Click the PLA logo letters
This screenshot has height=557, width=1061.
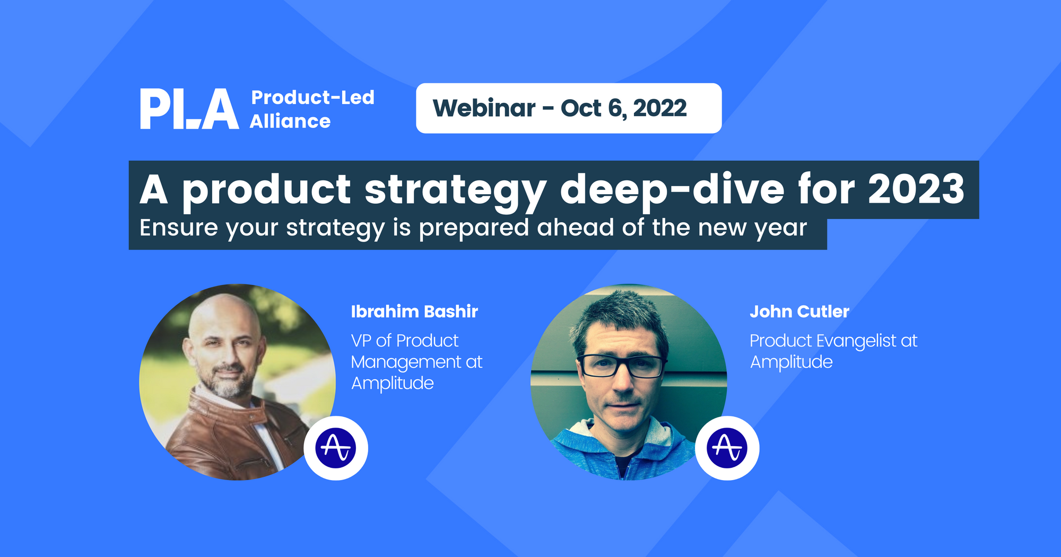tap(189, 109)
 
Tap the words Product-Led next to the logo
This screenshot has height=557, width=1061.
tap(312, 98)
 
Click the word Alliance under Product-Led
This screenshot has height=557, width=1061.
tap(290, 121)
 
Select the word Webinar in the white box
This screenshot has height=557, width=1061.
tap(484, 108)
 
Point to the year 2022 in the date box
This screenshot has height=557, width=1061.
tap(659, 108)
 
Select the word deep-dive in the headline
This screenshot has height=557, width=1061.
tap(672, 190)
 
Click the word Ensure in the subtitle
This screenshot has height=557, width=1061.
tap(178, 228)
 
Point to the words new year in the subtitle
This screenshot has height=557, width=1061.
tap(752, 228)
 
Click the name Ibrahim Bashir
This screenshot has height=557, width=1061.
tap(414, 311)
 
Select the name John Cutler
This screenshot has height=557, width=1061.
tap(799, 311)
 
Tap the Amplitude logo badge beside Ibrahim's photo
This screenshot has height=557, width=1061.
tap(336, 448)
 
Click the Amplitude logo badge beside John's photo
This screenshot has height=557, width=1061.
tap(727, 448)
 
